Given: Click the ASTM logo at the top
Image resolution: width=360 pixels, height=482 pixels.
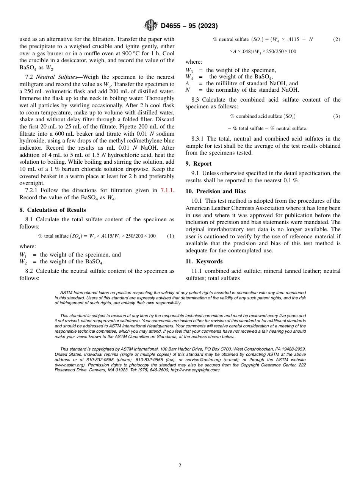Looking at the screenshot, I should click(150, 25).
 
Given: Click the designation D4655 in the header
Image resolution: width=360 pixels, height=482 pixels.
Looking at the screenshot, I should click(173, 26).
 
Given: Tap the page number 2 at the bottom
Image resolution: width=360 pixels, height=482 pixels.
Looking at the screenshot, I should click(180, 466).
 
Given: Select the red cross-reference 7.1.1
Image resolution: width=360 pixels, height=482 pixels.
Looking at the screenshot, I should click(168, 190).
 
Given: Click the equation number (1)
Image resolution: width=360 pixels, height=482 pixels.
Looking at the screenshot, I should click(171, 236).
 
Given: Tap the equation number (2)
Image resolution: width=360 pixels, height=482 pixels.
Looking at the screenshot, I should click(337, 39).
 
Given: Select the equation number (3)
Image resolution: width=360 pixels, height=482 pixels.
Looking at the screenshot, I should click(337, 116).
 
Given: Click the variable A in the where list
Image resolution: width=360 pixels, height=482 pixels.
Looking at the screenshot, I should click(187, 83).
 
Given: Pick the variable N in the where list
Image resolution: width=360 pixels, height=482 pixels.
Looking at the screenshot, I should click(188, 90).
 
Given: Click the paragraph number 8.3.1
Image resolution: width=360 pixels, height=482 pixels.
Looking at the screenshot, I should click(199, 139).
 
